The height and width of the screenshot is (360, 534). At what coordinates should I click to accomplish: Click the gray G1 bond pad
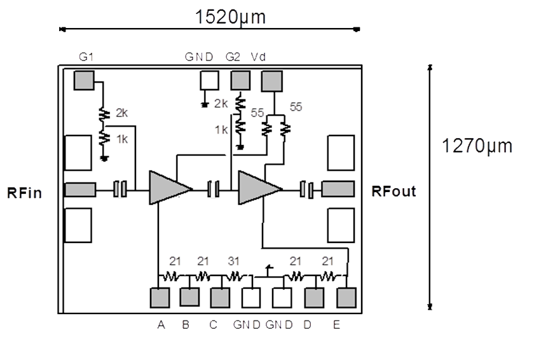point(84,80)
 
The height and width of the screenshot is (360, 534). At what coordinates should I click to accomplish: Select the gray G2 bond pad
point(240,80)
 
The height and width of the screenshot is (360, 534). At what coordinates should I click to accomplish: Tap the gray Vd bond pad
point(272,80)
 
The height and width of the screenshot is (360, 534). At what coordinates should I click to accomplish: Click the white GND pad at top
point(209,80)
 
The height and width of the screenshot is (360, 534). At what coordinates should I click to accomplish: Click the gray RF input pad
point(80,190)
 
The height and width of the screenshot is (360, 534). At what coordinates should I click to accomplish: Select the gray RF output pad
point(338,190)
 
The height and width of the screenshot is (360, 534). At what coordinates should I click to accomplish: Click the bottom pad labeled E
point(346,298)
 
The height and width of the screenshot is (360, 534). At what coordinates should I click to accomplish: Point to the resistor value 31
point(234,261)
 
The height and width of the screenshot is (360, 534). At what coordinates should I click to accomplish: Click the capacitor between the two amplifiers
point(214,189)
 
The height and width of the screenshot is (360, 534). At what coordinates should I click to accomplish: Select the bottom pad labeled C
point(220,298)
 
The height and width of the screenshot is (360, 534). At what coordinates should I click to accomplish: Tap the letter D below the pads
point(307,325)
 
